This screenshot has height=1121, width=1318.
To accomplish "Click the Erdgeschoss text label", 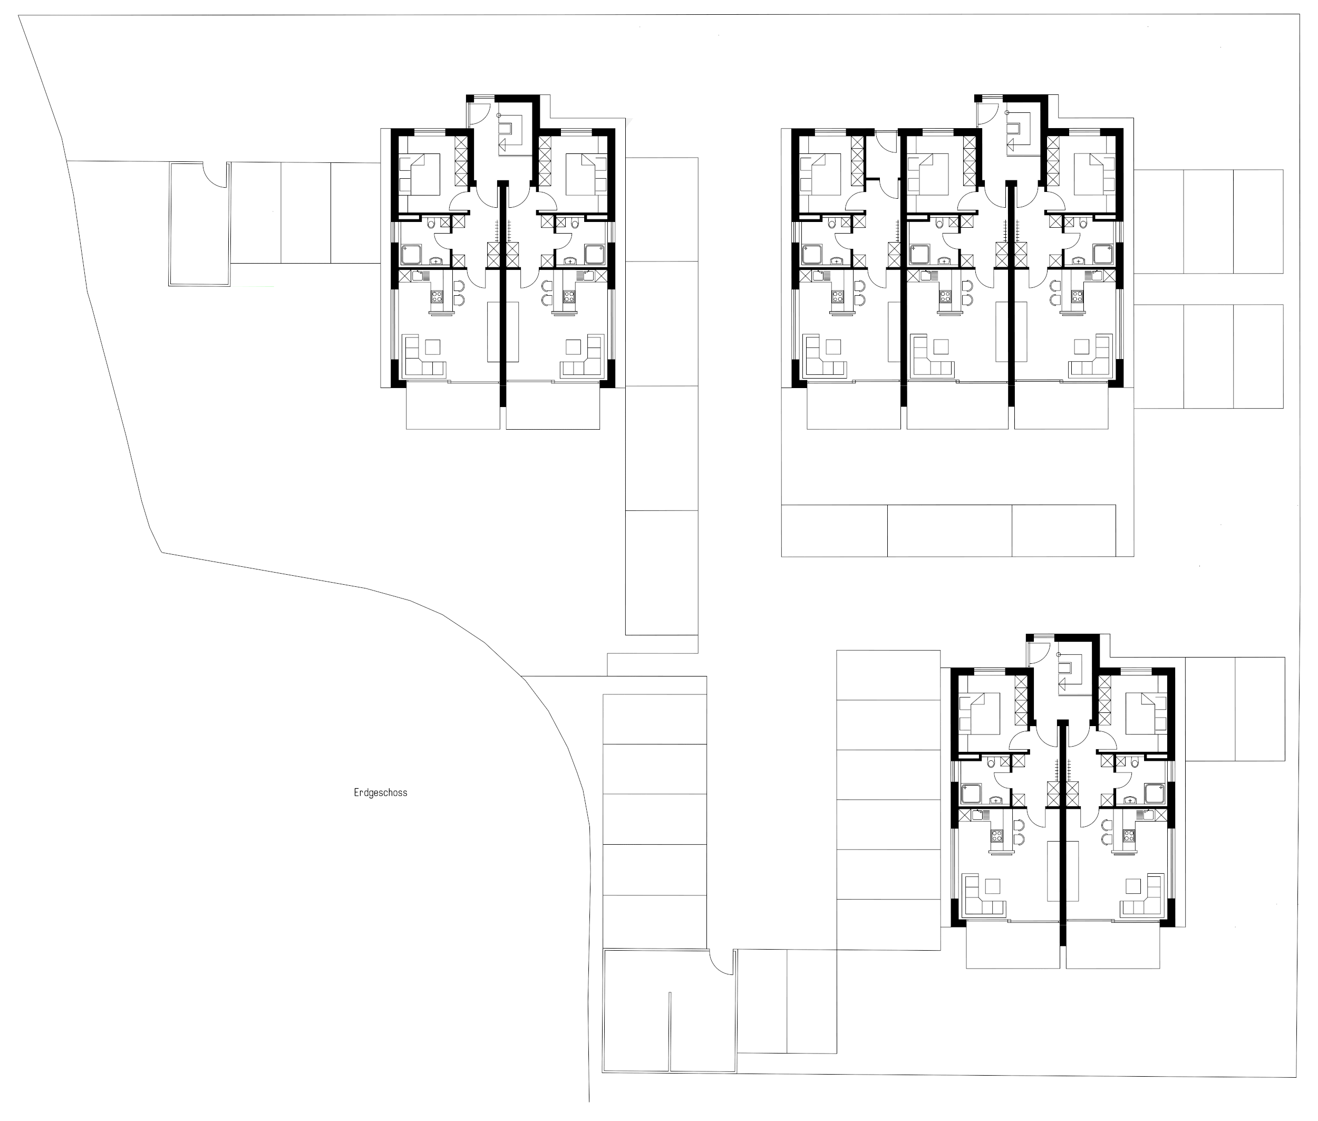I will tap(380, 793).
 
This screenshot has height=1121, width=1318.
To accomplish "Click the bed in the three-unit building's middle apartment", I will tap(927, 174).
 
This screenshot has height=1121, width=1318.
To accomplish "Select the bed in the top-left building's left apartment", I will tap(424, 174).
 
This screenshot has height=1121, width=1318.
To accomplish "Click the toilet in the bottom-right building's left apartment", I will tap(991, 763).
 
